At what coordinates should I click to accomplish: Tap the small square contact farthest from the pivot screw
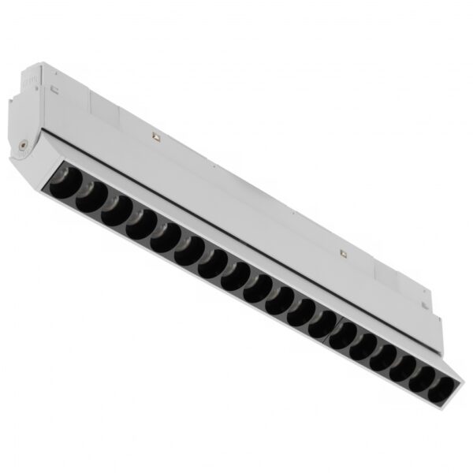343,254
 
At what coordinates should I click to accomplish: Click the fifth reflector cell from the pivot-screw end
164,235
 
